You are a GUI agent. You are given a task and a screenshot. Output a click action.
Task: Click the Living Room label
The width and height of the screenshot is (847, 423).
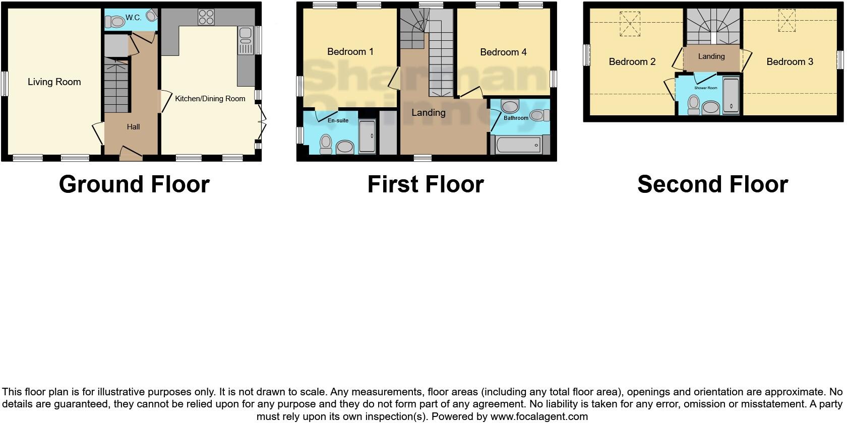(54, 82)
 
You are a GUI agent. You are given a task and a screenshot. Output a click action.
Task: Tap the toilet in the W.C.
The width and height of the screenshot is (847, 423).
(115, 22)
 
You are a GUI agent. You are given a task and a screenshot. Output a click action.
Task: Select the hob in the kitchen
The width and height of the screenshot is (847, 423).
(205, 17)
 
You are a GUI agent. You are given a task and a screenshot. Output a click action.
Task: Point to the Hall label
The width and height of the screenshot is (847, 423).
(133, 127)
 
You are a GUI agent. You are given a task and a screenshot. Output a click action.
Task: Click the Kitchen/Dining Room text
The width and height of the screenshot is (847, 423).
(210, 99)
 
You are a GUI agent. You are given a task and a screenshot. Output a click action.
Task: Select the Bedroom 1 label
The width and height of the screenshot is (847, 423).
(350, 51)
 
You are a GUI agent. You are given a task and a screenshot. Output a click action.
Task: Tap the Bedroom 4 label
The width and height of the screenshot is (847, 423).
(503, 52)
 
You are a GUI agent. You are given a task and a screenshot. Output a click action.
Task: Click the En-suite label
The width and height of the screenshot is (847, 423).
(338, 120)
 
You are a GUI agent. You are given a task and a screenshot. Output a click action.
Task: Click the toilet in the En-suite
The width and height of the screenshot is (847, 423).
(326, 144)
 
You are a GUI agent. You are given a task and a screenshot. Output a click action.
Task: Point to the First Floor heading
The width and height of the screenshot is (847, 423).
(426, 184)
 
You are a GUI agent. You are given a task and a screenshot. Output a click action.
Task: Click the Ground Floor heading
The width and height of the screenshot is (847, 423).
(134, 184)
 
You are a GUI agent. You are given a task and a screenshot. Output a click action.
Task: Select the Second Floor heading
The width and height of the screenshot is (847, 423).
(712, 184)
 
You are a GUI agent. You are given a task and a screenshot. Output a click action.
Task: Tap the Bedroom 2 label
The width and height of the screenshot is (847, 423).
(632, 62)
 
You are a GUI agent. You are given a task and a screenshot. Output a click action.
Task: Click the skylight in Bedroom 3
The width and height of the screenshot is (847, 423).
(785, 21)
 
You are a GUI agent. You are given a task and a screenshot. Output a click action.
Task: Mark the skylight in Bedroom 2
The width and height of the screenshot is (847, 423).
(629, 24)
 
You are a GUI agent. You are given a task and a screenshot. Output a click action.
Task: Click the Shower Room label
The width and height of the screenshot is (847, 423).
(705, 88)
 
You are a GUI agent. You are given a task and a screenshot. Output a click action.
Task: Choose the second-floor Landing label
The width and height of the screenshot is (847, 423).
(711, 56)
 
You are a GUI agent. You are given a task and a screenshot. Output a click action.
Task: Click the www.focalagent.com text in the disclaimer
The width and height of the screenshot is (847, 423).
(539, 416)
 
